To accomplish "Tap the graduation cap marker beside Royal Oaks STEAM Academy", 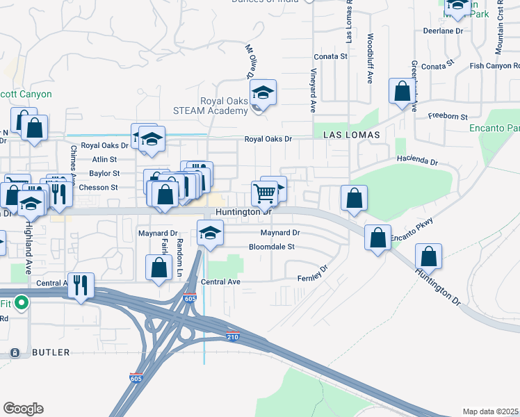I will tap(263, 92).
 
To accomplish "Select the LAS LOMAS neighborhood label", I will tap(346, 134).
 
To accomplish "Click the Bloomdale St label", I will tap(272, 247).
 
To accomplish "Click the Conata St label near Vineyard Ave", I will tap(330, 56).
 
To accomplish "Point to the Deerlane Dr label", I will tap(443, 31).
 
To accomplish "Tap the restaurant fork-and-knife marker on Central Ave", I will tap(81, 286).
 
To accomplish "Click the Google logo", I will tap(23, 409).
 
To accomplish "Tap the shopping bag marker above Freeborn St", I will tap(402, 91).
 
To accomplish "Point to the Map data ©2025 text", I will tap(490, 411).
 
